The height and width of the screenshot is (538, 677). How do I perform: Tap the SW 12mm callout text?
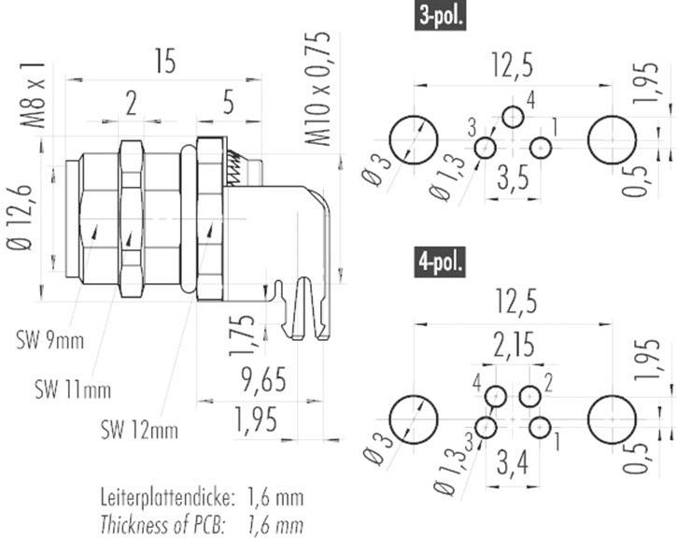tap(139, 430)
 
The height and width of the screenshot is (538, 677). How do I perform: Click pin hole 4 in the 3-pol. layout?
tap(513, 117)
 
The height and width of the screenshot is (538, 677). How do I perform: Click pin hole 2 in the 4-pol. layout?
tap(530, 396)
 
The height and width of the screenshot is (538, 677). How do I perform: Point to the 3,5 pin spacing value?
tap(512, 177)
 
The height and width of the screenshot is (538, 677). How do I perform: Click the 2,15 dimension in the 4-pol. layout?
tap(512, 346)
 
